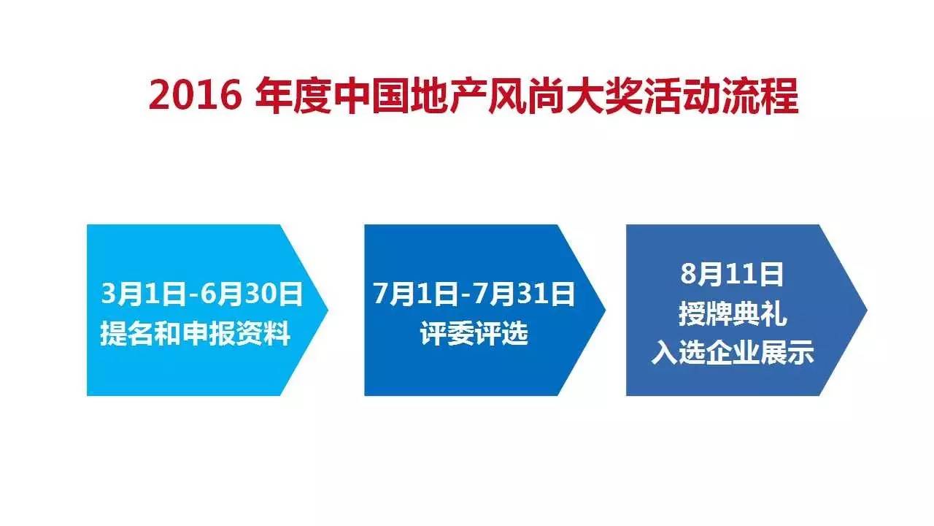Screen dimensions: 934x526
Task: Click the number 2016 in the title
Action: click(195, 96)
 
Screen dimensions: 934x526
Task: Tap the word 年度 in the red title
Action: click(293, 96)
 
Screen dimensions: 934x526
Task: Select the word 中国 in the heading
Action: click(371, 96)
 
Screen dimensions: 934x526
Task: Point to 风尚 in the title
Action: click(527, 96)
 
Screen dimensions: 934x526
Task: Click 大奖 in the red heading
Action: click(605, 96)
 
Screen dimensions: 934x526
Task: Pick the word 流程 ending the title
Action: click(760, 96)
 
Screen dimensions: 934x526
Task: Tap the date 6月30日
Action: click(252, 294)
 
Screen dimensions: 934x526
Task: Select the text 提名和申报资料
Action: click(195, 334)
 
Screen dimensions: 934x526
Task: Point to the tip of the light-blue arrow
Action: click(328, 310)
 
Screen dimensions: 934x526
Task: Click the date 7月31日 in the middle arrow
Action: click(524, 294)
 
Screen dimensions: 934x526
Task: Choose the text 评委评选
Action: click(474, 334)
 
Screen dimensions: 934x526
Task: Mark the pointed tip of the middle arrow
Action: click(606, 310)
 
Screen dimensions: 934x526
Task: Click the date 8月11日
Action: click(732, 274)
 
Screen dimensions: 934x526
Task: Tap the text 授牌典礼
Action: click(733, 314)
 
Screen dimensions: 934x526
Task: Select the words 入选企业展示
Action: click(733, 353)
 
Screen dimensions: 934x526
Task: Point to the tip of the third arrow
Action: click(868, 310)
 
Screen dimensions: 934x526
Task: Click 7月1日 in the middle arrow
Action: click(416, 294)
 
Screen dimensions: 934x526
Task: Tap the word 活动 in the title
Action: click(682, 96)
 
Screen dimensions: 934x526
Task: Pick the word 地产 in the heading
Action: click(449, 96)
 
